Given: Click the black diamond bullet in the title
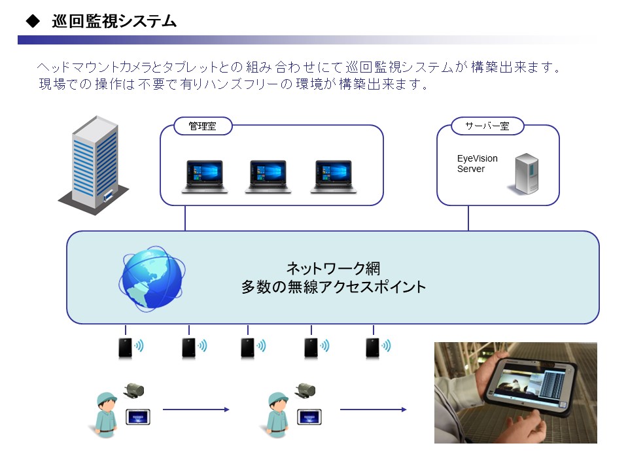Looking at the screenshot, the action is [x=33, y=21].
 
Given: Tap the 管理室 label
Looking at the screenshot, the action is [x=203, y=126].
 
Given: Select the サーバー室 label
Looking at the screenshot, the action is [x=487, y=126].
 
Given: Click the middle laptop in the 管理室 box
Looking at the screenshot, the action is [x=268, y=177].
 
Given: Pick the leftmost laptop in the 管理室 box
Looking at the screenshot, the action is [x=205, y=177].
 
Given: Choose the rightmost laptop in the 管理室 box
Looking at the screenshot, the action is [x=333, y=177].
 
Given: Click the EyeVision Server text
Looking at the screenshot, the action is [x=477, y=164].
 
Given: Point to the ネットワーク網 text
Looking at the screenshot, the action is [x=333, y=268].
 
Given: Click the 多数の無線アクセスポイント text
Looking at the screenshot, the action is [x=333, y=287].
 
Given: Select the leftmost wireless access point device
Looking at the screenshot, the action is [x=126, y=347].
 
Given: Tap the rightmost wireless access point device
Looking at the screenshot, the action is [x=372, y=347].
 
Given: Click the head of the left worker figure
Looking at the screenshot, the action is [x=107, y=402].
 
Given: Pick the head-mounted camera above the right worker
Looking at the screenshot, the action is [x=305, y=391].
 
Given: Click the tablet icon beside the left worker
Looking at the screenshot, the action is [x=138, y=417].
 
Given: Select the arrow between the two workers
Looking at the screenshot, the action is [x=196, y=410].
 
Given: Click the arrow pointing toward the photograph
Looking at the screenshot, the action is [x=374, y=410].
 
